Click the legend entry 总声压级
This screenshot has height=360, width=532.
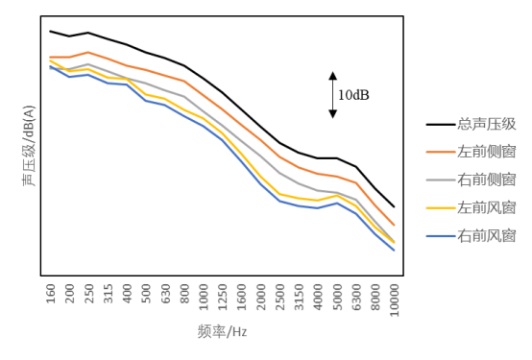pos(487,124)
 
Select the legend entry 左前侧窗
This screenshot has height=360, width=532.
pos(487,152)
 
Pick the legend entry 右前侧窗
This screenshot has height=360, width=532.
pos(487,180)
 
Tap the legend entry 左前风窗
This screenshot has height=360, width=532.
pos(487,207)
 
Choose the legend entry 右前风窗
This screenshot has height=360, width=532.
pos(487,235)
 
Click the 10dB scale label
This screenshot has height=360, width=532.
pos(352,95)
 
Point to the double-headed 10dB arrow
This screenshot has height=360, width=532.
pos(333,94)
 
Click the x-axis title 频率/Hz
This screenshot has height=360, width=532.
pos(222,332)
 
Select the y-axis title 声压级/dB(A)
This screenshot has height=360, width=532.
pos(30,146)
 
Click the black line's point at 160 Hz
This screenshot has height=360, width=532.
pos(51,31)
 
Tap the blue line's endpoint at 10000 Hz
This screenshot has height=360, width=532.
pos(394,251)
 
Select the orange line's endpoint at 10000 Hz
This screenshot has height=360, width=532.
pos(394,226)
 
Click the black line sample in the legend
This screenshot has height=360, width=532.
pos(440,124)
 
